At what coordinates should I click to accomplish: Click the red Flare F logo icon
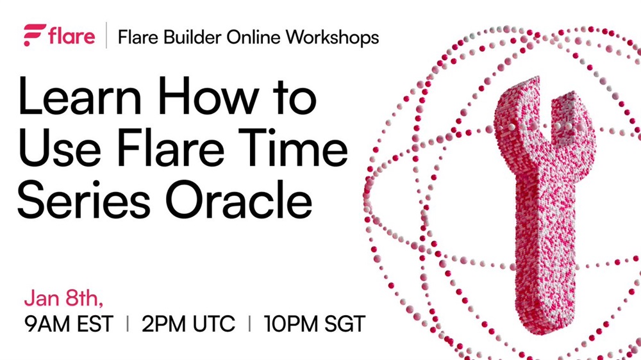35,35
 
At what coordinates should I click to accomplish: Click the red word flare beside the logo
72,35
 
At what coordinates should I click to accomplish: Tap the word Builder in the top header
192,37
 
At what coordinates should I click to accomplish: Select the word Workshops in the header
332,38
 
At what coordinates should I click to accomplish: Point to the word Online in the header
253,37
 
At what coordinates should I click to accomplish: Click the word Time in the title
292,147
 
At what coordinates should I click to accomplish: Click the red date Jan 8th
63,299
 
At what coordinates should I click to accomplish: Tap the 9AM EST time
69,324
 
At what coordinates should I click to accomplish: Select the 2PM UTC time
188,324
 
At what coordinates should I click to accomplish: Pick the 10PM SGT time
314,324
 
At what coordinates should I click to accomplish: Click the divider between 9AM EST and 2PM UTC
128,324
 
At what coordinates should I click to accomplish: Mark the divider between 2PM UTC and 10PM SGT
249,324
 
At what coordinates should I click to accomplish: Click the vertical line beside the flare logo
106,35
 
